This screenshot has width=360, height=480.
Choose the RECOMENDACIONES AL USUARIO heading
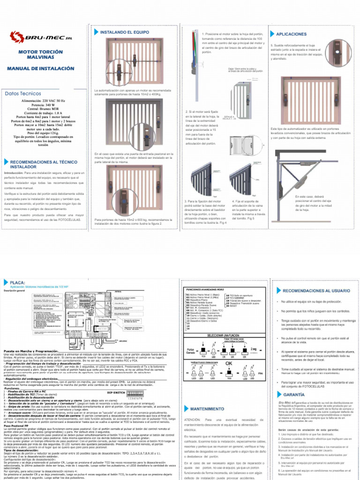point(313,278)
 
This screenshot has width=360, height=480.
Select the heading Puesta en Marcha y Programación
point(32,351)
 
